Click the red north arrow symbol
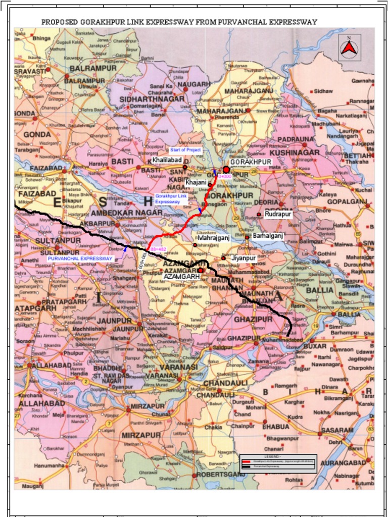click(349, 48)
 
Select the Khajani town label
click(196, 182)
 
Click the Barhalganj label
click(268, 236)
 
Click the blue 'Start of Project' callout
click(185, 150)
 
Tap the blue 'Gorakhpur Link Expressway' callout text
click(171, 198)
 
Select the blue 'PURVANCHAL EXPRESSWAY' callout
click(80, 258)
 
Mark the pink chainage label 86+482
click(159, 249)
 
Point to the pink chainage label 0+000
click(225, 176)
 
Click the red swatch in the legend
click(247, 461)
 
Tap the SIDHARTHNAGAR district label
click(152, 99)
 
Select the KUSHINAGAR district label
click(294, 152)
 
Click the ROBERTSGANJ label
click(221, 475)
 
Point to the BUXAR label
click(315, 346)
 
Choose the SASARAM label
click(337, 430)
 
